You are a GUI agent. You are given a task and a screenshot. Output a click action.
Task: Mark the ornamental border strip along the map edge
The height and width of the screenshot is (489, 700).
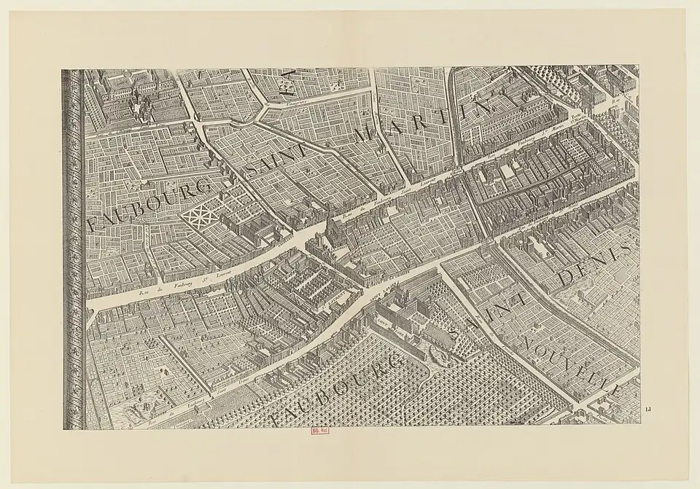[x=73, y=248]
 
